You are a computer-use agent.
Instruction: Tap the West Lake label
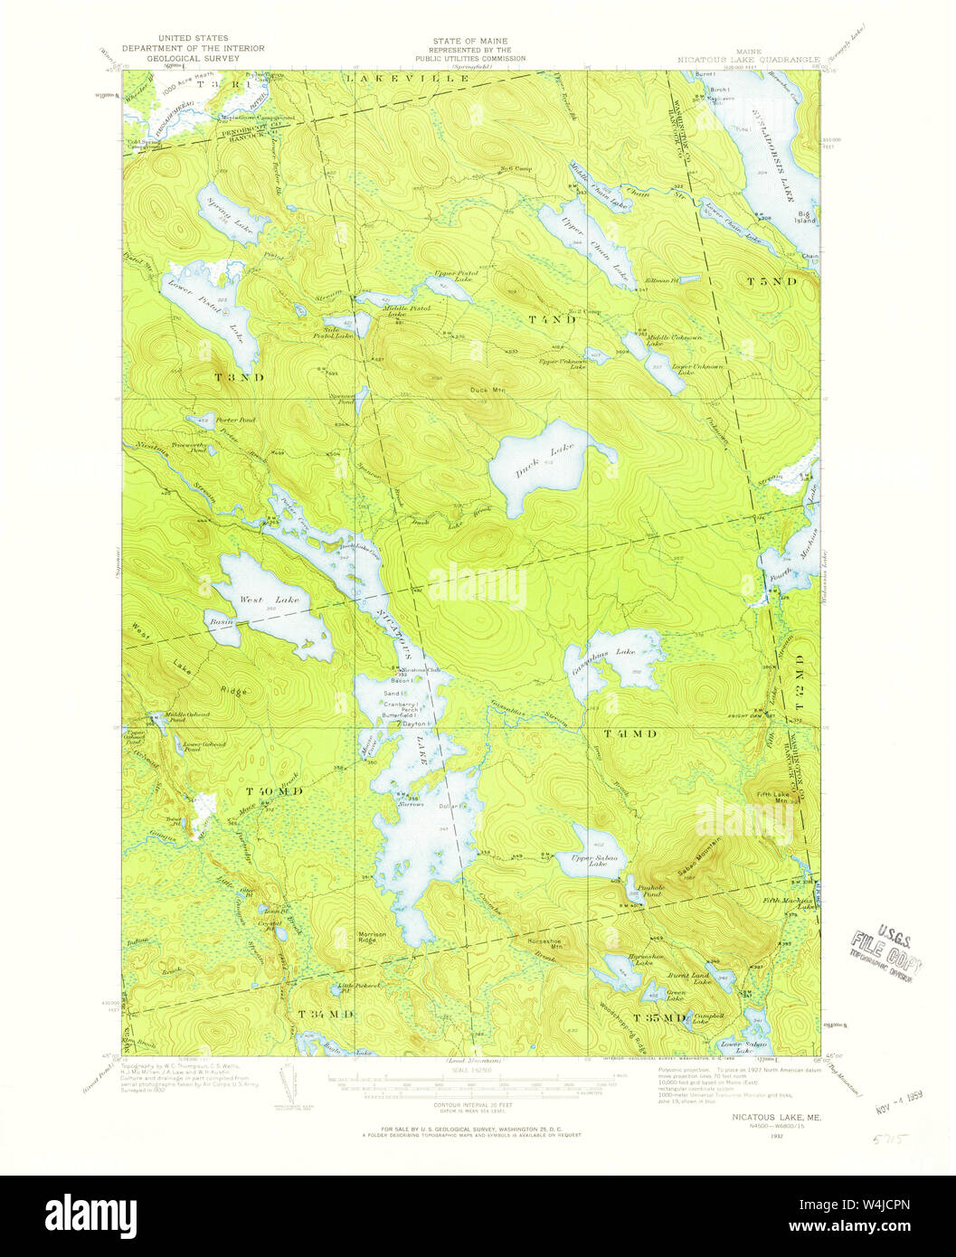pyautogui.click(x=256, y=599)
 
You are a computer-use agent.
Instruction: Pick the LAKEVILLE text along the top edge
pyautogui.click(x=408, y=80)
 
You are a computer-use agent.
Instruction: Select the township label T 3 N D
pyautogui.click(x=239, y=376)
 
